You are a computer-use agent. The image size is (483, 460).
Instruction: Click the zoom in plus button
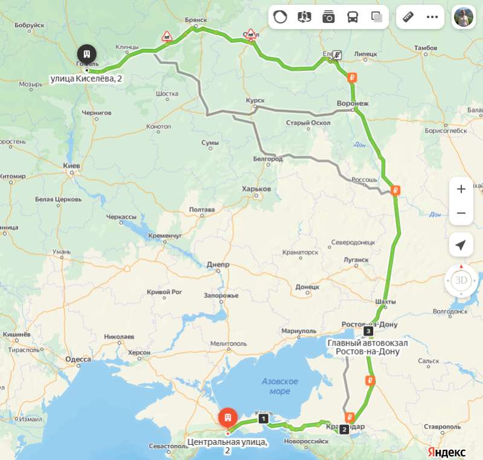(x=461, y=189)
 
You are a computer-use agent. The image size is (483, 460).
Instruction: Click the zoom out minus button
(x=461, y=213)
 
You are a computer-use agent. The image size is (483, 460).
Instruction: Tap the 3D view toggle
(x=461, y=280)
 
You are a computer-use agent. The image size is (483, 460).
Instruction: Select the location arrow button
(x=461, y=245)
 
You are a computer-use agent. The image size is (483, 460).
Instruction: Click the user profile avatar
(x=464, y=17)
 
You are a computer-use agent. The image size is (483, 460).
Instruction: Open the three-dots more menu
(x=432, y=17)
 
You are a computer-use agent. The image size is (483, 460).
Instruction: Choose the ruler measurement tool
(x=409, y=17)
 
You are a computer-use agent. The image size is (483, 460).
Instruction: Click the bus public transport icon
(x=352, y=17)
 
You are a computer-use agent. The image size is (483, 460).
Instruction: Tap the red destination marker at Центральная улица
(x=228, y=418)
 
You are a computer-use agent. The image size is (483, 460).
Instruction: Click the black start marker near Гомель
(x=87, y=53)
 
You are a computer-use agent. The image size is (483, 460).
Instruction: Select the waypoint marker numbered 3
(x=368, y=331)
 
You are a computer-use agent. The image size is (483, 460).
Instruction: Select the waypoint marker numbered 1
(x=263, y=418)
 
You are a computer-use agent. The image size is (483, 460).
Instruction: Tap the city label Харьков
(x=256, y=189)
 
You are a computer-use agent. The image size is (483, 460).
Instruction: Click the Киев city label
(x=72, y=165)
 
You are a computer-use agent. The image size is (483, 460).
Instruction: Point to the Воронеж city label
(x=353, y=103)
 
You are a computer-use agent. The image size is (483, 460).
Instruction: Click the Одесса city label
(x=78, y=359)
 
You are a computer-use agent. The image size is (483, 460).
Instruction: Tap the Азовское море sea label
(x=280, y=386)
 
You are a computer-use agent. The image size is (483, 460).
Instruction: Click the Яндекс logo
(x=447, y=452)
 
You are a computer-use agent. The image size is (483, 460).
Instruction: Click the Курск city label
(x=255, y=100)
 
